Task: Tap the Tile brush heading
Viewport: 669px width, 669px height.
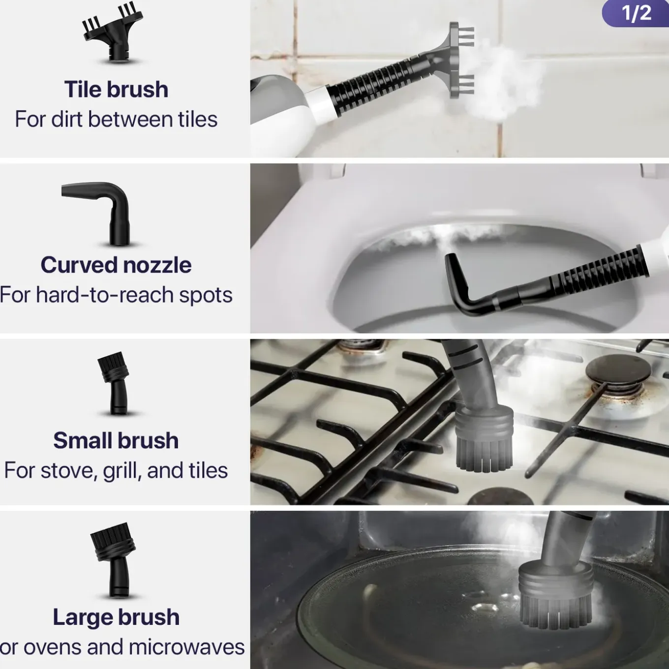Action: (116, 90)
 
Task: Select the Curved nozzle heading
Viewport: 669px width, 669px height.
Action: (116, 265)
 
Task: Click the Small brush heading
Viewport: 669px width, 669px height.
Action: (116, 441)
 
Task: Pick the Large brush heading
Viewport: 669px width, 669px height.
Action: (116, 617)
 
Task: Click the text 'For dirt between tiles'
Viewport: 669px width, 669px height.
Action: (116, 120)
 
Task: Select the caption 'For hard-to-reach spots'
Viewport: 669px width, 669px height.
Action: (116, 295)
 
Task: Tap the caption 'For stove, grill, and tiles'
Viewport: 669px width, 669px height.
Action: (116, 471)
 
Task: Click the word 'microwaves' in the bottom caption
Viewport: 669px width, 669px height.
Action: (187, 647)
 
